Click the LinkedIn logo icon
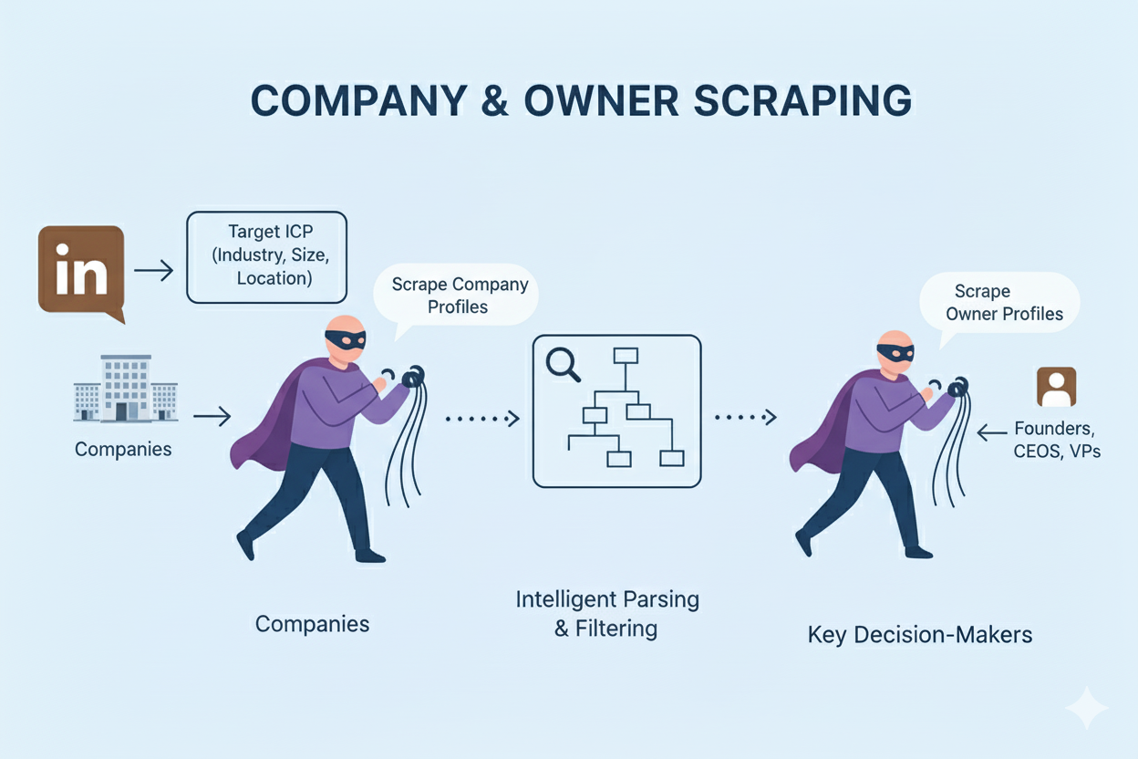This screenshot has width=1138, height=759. (x=80, y=270)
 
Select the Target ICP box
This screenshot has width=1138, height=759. (x=266, y=256)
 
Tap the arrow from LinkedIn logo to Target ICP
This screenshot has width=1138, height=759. (x=153, y=270)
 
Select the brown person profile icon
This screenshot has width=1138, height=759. (x=1056, y=387)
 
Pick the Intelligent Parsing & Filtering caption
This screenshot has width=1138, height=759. (x=607, y=613)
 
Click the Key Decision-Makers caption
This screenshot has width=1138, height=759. (x=919, y=634)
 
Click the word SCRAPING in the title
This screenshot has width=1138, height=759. (x=802, y=101)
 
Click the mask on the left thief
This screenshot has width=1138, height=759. (x=345, y=339)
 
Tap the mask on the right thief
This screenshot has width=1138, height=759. (x=895, y=353)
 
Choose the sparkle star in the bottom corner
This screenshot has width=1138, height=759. (x=1086, y=708)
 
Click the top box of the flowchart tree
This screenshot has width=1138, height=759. (x=625, y=355)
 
